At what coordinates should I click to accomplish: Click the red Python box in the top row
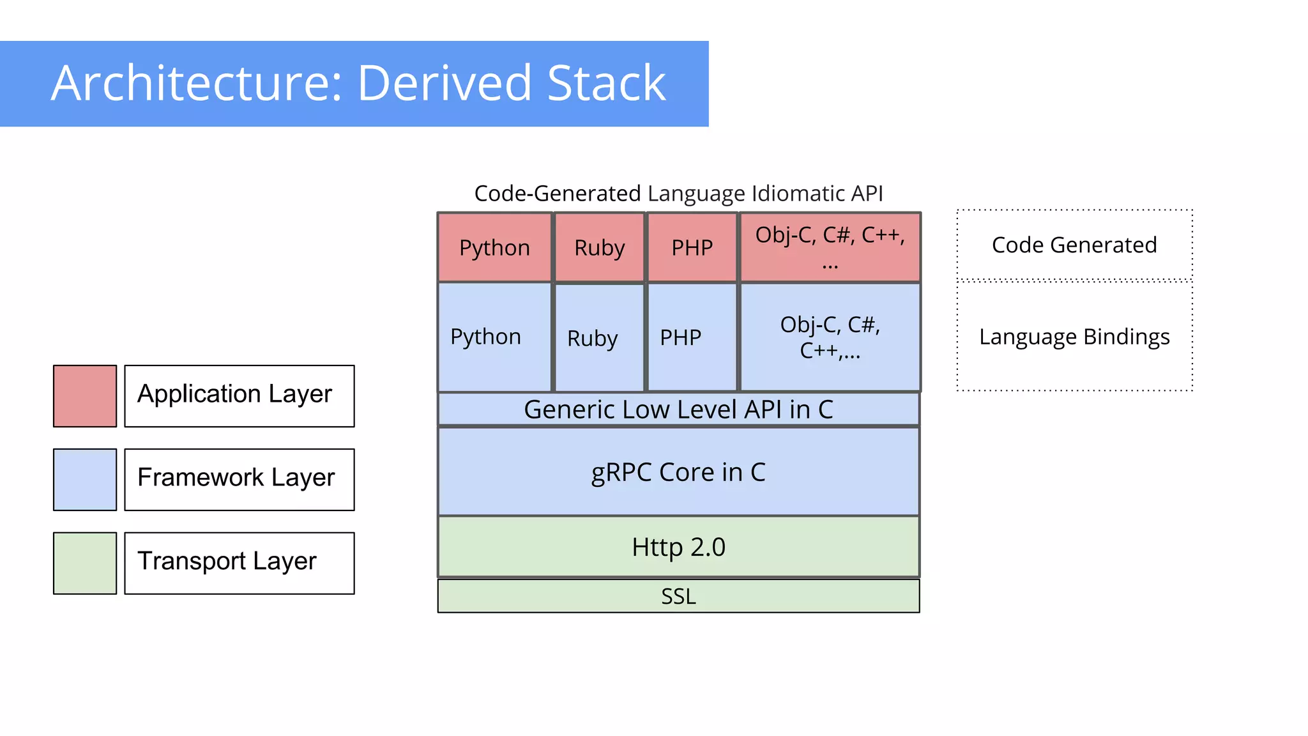[494, 247]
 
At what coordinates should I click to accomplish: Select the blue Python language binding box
[494, 337]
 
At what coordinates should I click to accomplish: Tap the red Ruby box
[599, 247]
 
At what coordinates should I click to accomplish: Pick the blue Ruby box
[599, 337]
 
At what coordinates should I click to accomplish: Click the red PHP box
[692, 247]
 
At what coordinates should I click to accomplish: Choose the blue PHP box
[692, 337]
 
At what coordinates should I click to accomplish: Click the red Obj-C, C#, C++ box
[830, 247]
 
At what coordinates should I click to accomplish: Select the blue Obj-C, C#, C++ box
[830, 337]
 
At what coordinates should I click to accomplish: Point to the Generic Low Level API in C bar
[678, 410]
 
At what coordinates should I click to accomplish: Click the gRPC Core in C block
[678, 472]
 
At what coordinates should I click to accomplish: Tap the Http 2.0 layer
[678, 547]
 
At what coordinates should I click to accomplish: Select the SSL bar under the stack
[678, 596]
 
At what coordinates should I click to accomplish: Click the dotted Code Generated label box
[1074, 245]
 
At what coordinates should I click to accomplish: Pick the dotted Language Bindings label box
[1074, 337]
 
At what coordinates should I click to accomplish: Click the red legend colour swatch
[85, 396]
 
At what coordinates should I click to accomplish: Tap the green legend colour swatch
[85, 563]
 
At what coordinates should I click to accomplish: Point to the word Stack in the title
[606, 83]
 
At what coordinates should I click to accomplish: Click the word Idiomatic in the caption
[787, 193]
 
